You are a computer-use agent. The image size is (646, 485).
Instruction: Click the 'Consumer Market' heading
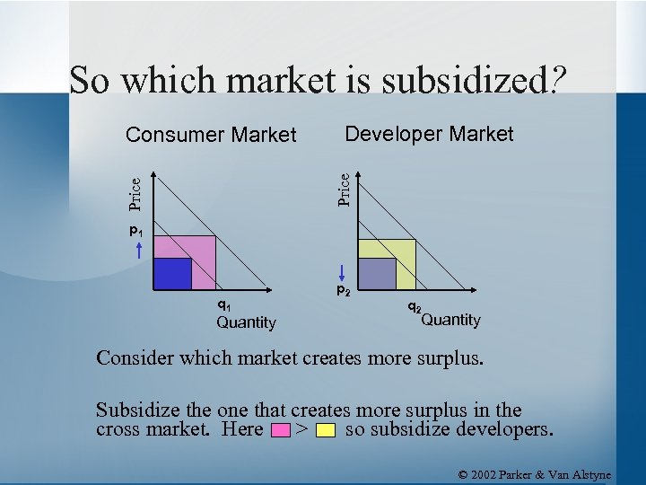point(211,136)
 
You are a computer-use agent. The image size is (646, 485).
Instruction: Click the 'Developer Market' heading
point(429,135)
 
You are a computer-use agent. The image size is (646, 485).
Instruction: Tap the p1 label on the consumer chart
point(136,233)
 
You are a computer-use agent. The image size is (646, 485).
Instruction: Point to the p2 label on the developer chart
point(344,290)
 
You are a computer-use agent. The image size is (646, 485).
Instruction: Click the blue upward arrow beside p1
point(140,251)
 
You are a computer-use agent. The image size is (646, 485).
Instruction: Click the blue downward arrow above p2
point(343,270)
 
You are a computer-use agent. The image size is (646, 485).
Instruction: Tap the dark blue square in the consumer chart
point(173,274)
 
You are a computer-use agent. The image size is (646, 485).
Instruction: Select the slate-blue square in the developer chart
point(377,274)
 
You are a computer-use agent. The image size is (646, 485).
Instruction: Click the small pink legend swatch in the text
point(280,430)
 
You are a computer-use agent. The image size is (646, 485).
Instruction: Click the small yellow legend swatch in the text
point(326,430)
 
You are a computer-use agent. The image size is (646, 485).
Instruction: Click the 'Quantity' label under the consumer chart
point(246,322)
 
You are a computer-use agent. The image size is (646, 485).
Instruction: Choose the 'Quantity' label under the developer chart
point(450,320)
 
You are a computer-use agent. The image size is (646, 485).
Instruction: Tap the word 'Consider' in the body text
point(135,359)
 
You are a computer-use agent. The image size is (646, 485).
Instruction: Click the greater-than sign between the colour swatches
point(302,429)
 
